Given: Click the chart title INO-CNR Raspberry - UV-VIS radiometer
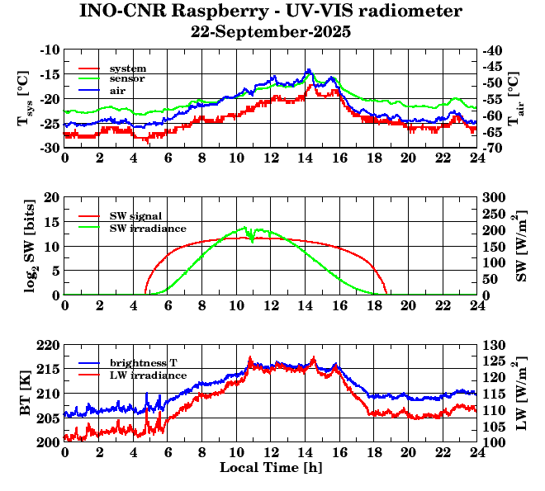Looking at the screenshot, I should point(271,12).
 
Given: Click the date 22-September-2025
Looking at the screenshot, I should point(271,32).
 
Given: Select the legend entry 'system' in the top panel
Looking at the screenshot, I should point(127,68).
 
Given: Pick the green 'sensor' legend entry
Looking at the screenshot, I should point(127,78).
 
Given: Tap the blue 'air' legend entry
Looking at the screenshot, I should point(117,89).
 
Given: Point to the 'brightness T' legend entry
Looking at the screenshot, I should point(141,363).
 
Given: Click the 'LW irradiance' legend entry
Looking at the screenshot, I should point(143,375).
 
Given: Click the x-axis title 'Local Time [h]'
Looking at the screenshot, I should point(271,468).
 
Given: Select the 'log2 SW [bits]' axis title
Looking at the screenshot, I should point(26,246).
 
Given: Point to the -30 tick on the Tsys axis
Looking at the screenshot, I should point(50,148).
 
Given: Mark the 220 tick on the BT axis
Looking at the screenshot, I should point(49,345).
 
